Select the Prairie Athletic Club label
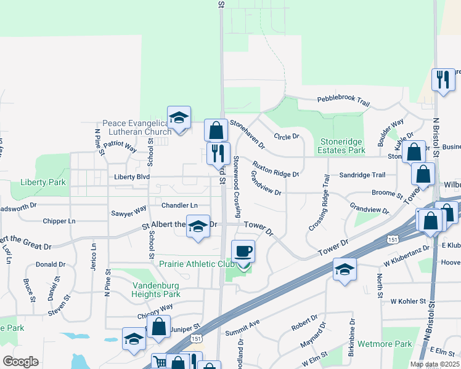tap(189, 264)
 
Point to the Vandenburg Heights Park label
tap(156, 290)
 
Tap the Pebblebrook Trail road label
tap(343, 99)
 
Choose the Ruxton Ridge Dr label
tap(275, 170)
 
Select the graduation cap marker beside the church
tap(179, 118)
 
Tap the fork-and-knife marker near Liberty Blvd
tap(218, 154)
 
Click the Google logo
tap(20, 361)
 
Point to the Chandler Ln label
tap(180, 205)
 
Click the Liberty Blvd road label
tap(132, 177)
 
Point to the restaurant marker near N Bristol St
tap(443, 81)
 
